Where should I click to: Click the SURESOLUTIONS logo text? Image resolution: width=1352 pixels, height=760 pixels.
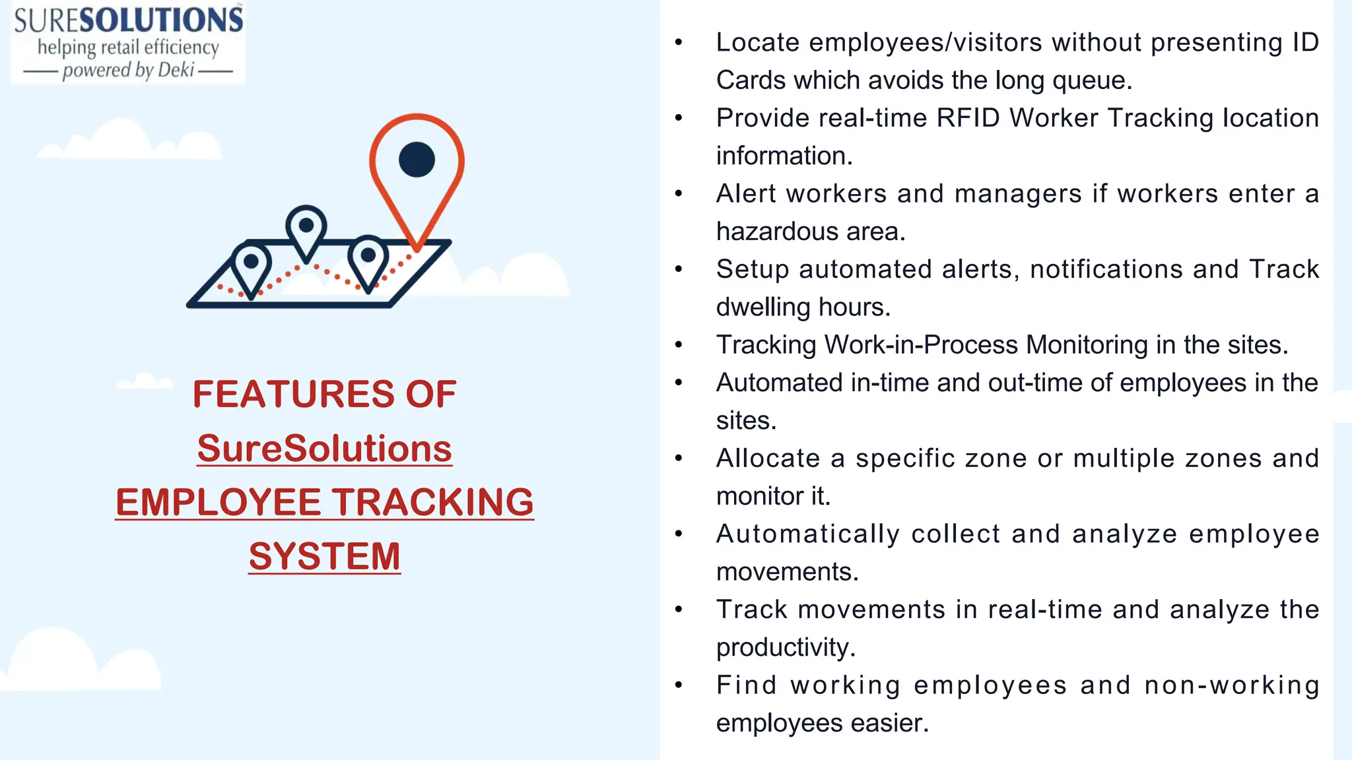point(128,20)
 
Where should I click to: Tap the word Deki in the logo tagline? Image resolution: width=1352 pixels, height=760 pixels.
point(176,70)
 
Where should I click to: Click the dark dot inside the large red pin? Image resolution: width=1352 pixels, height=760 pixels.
point(417,160)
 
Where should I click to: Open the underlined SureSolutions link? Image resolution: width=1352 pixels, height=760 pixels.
point(324,449)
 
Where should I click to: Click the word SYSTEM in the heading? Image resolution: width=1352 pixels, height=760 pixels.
point(324,556)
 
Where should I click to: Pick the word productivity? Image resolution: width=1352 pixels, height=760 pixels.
point(786,648)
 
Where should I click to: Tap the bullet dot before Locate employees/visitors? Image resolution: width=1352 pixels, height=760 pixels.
point(679,43)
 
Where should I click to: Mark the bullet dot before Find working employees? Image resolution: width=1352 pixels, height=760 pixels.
point(679,685)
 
